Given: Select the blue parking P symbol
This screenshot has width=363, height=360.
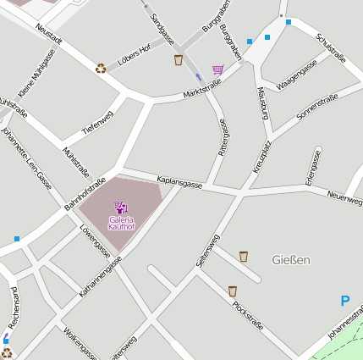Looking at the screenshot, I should (x=344, y=301).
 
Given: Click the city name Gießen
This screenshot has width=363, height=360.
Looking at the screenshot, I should (x=292, y=258).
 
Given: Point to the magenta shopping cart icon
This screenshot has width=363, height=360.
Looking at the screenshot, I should (x=218, y=70).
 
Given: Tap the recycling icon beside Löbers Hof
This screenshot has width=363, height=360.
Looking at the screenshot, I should (x=101, y=68).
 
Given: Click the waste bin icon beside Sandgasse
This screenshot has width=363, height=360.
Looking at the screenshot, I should (x=179, y=59).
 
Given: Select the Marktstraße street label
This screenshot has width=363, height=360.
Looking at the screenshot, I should (x=201, y=87).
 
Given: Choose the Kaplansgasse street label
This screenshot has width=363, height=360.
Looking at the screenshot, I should (x=179, y=182).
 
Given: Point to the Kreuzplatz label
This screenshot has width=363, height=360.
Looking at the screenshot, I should (x=261, y=157).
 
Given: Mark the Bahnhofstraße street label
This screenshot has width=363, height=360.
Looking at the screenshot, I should (x=85, y=194).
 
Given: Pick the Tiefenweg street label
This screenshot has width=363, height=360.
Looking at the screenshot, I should (x=97, y=121).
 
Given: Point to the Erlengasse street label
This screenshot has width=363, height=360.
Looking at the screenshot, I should (x=312, y=168).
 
